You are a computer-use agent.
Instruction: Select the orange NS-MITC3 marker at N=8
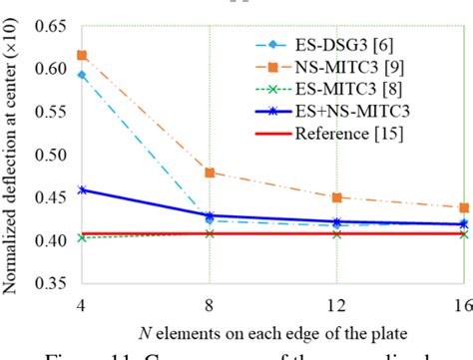coord(210,173)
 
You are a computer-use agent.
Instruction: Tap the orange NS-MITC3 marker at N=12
coord(336,197)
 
